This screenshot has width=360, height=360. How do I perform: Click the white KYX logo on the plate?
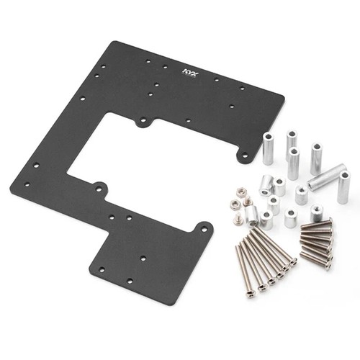[x=190, y=72]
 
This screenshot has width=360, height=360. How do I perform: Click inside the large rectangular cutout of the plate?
[x=149, y=153]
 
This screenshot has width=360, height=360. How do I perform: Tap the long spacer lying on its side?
[x=327, y=177]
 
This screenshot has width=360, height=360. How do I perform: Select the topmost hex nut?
[x=239, y=192]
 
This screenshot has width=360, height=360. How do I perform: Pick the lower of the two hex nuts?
[x=235, y=204]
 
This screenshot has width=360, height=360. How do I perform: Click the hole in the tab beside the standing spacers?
[x=244, y=155]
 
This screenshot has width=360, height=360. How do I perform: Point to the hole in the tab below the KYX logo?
[x=143, y=119]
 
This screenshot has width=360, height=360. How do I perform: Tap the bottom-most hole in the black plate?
[x=130, y=281]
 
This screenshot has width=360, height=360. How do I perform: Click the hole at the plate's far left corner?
[x=27, y=185]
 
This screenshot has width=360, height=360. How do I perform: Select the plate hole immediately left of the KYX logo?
[x=165, y=67]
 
